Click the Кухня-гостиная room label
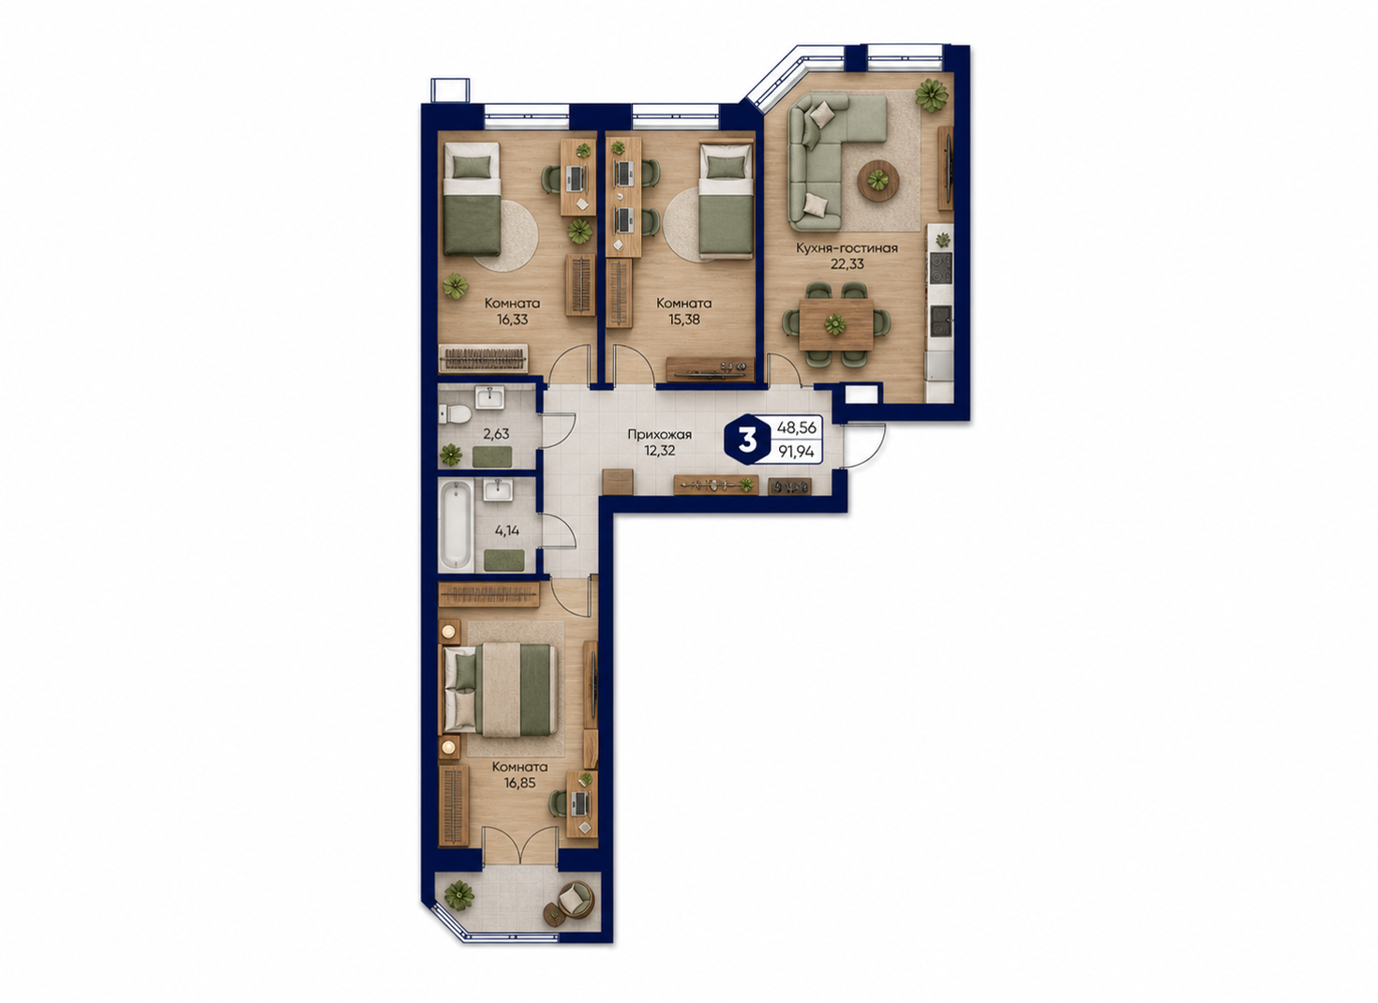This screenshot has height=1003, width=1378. [x=846, y=248]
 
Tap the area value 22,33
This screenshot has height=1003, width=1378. [x=847, y=264]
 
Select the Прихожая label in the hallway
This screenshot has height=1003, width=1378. [x=660, y=434]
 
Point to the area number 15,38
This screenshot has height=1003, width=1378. [x=683, y=320]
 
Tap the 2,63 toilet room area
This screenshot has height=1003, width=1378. [x=496, y=434]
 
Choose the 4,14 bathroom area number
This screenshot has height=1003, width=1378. [x=507, y=531]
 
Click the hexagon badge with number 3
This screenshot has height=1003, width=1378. [x=747, y=441]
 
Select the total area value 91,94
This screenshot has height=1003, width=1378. [x=796, y=452]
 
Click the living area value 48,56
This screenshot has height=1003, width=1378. [x=796, y=427]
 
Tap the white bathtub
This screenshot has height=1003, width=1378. [x=456, y=526]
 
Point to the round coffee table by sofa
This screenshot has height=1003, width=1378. [x=878, y=180]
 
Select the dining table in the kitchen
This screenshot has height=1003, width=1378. [x=835, y=324]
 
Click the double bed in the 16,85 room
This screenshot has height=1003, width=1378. [x=501, y=689]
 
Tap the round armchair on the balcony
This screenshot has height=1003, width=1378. [x=577, y=902]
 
